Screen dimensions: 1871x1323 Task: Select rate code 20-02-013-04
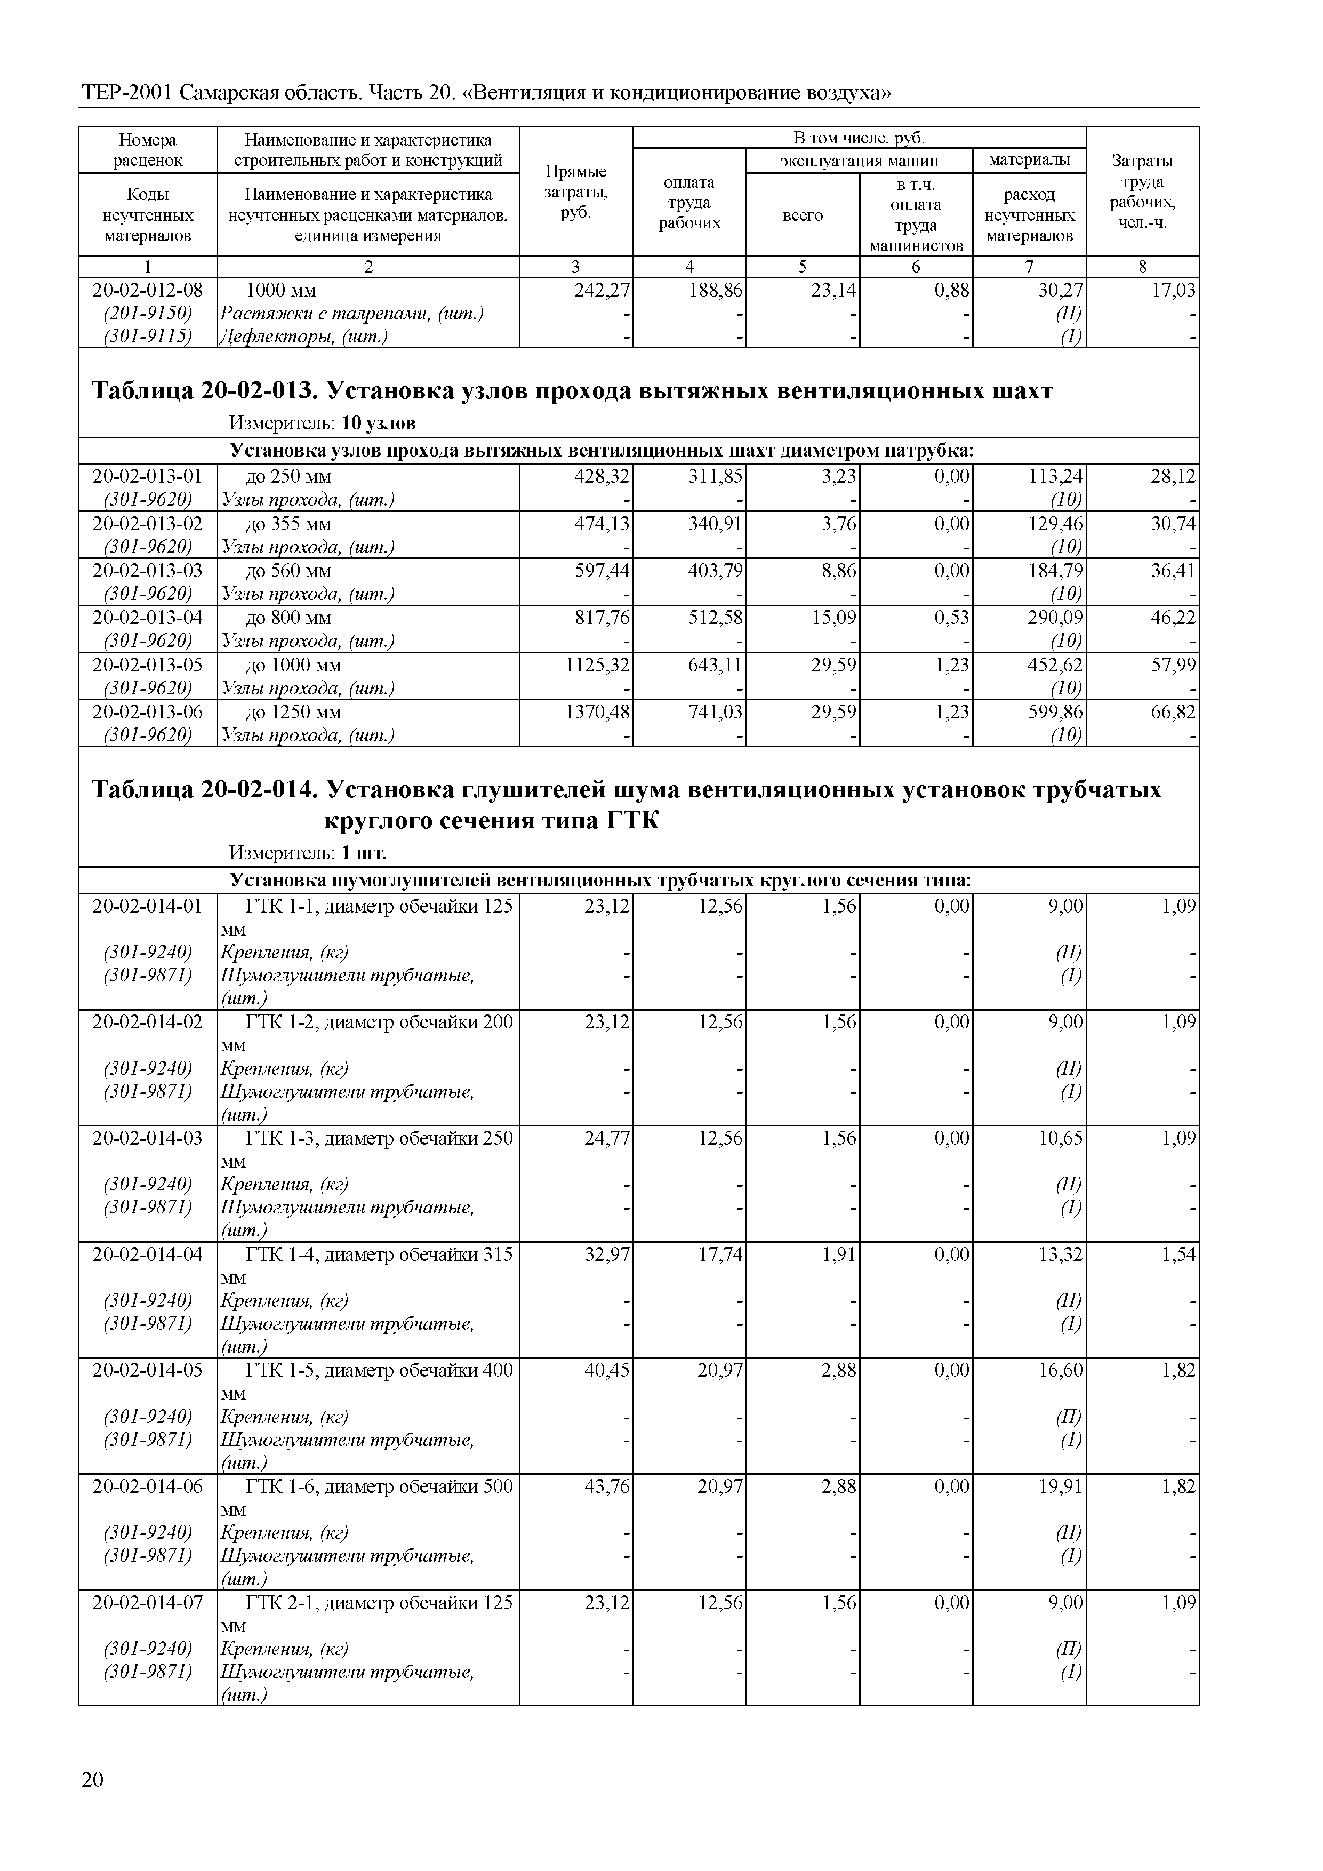(x=148, y=617)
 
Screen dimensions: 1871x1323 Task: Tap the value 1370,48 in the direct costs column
(x=597, y=712)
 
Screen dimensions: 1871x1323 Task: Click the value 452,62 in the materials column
(x=1055, y=665)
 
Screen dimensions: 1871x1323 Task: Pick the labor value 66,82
(x=1173, y=712)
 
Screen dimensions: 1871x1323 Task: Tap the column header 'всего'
(x=803, y=215)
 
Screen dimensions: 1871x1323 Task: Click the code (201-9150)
(x=148, y=313)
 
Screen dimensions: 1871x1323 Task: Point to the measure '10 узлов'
(x=378, y=423)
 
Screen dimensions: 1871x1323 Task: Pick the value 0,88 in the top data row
(x=952, y=290)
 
